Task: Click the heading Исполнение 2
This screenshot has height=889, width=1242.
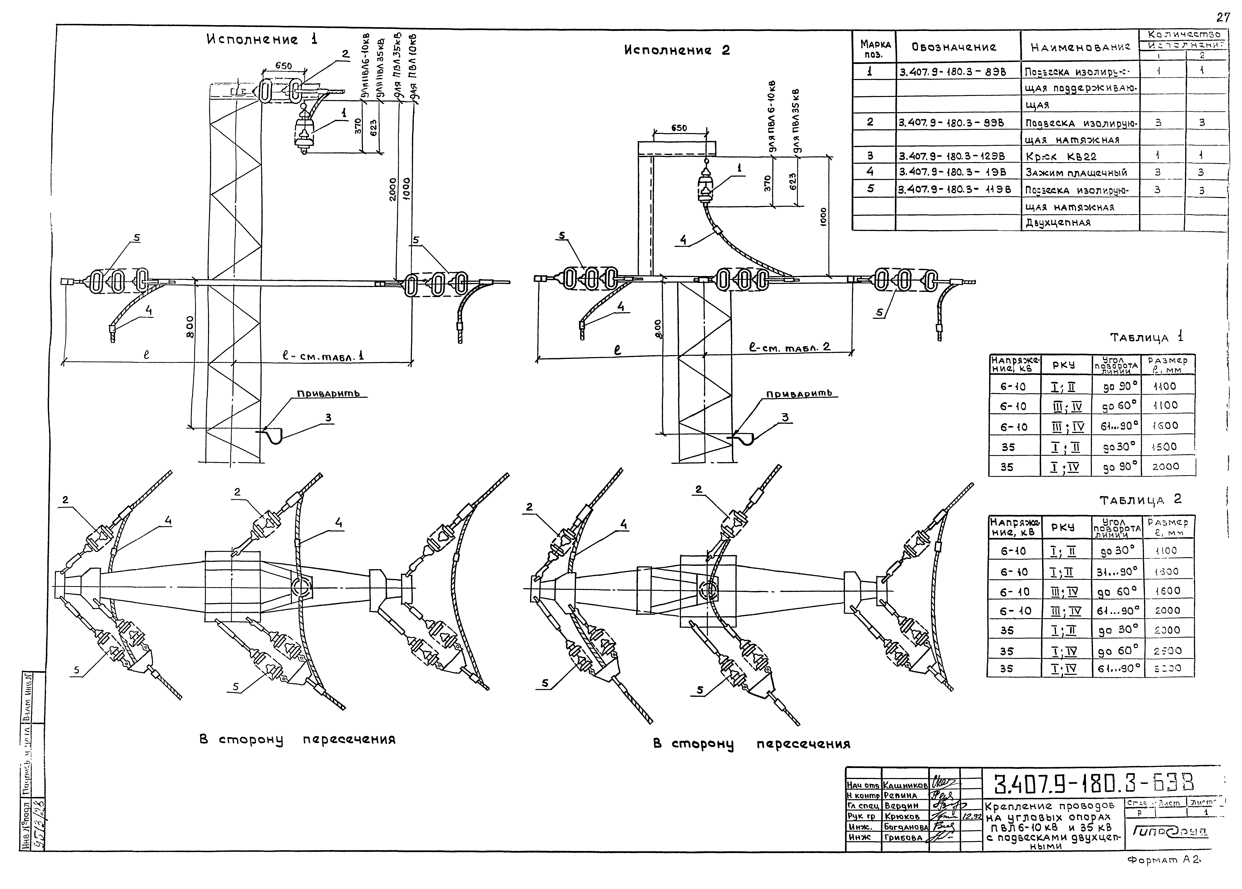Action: pos(677,50)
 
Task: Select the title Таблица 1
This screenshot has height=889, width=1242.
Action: pos(1146,337)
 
